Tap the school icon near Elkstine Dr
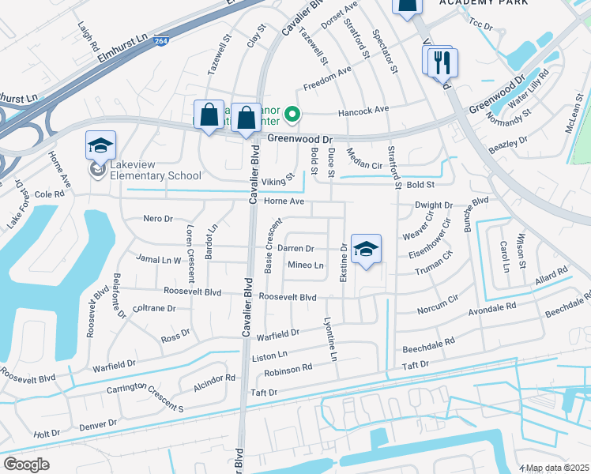(366, 250)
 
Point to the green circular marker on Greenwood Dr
(292, 116)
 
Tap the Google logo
(26, 465)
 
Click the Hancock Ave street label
(364, 110)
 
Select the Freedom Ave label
(327, 76)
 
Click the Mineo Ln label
(306, 265)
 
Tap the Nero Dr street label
(157, 218)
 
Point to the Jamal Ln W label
(158, 259)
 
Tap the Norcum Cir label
(437, 303)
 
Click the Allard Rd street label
(551, 276)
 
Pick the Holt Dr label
(47, 434)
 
